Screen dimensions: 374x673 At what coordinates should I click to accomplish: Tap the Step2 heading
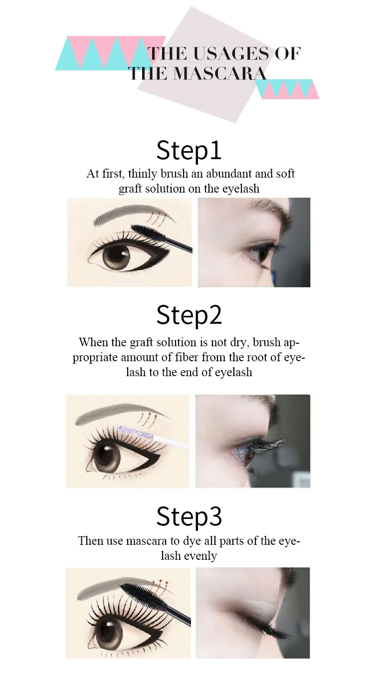coord(189,315)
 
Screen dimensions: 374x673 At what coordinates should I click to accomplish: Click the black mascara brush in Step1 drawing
coord(161,237)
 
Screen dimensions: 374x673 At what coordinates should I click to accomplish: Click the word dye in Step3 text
coord(191,541)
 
